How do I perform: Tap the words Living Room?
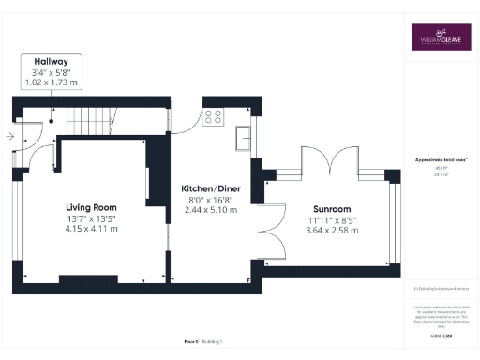[91, 207]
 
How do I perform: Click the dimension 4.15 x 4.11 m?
[91, 230]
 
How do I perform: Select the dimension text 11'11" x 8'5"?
[330, 221]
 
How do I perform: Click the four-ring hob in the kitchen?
[213, 118]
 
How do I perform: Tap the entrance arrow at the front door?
[8, 137]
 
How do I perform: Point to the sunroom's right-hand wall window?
[394, 221]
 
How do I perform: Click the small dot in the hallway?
[52, 120]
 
